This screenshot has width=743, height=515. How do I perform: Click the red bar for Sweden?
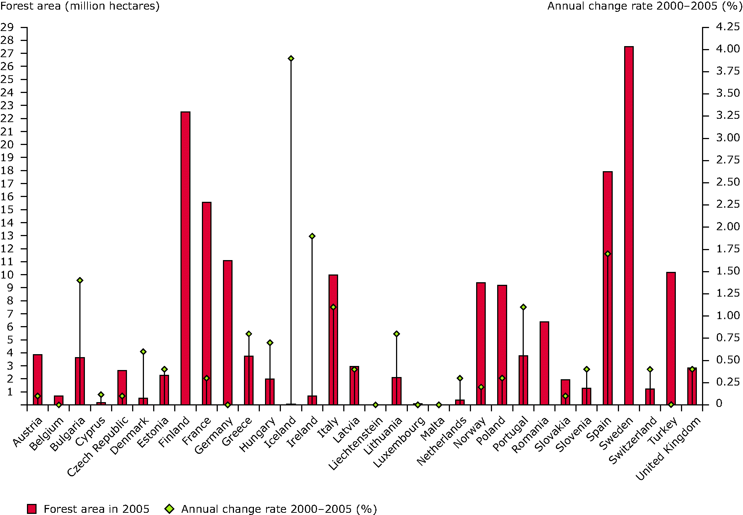[x=629, y=225]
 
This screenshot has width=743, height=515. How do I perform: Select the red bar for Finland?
[x=185, y=258]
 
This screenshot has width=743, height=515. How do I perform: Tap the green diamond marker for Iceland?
[x=291, y=58]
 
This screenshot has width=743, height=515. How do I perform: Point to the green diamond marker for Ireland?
[x=312, y=236]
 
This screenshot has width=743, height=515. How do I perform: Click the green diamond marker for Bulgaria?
[x=80, y=280]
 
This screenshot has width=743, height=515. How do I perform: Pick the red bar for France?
[x=207, y=303]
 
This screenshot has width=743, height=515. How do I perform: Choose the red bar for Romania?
[x=544, y=363]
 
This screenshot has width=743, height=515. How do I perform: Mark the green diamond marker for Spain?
[x=608, y=254]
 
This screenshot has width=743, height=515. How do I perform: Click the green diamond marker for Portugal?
[x=523, y=307]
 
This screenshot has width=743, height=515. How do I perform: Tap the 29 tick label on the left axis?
[x=7, y=27]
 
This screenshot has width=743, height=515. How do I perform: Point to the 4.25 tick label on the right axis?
[x=728, y=27]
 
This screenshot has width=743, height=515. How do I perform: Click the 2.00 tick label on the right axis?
[x=728, y=227]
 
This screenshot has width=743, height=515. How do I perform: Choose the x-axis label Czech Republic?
[x=98, y=446]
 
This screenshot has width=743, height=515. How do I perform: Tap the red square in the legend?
[x=32, y=509]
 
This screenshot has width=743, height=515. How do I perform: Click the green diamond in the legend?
[x=169, y=509]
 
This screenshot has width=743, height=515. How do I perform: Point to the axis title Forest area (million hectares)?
[x=80, y=6]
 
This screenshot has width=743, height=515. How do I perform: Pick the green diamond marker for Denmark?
[x=143, y=352]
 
